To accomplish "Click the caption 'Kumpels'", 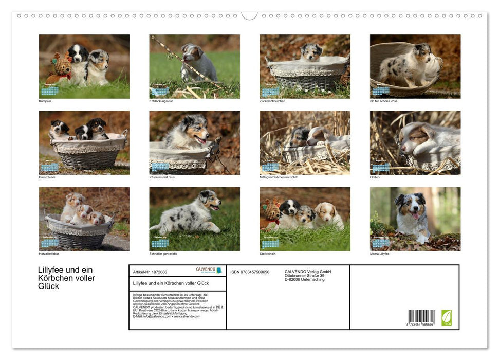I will [x=45, y=101].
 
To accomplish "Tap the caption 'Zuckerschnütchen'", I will [x=272, y=101].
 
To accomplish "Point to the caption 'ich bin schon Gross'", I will [x=384, y=101].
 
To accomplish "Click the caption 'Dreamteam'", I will [x=47, y=177].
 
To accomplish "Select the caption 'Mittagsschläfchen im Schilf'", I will [x=279, y=177].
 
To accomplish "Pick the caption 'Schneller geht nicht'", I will [x=163, y=254].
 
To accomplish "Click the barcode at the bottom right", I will [x=421, y=318].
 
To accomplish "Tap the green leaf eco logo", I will [x=447, y=317].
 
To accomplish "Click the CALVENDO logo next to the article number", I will [x=209, y=270].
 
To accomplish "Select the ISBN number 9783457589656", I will [x=250, y=272].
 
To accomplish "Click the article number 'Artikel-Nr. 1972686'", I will [x=150, y=272].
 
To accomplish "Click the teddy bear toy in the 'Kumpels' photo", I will [x=61, y=67].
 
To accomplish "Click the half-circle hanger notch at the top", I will [x=249, y=16].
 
